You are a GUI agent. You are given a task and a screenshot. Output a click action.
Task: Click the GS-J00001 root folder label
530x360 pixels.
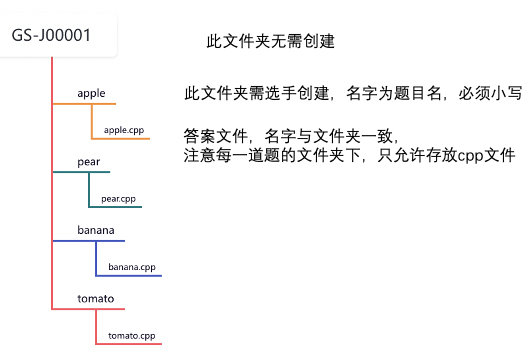click(52, 35)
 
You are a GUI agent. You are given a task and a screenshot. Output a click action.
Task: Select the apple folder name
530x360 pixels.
click(91, 94)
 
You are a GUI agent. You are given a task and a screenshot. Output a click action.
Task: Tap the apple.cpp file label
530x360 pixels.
click(125, 130)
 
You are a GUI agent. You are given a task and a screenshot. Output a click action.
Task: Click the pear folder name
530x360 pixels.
click(88, 162)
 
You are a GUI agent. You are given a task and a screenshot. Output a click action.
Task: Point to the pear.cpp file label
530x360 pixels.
click(118, 199)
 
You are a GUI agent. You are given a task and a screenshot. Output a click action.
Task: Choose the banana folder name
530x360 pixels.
click(96, 231)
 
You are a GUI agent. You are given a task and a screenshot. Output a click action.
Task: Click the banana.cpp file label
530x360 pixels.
click(132, 267)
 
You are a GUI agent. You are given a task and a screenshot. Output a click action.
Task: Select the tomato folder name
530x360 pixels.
click(96, 299)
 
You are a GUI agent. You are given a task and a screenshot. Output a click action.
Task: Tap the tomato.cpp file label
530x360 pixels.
click(132, 335)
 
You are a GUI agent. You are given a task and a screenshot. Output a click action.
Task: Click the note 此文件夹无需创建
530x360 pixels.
click(269, 42)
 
